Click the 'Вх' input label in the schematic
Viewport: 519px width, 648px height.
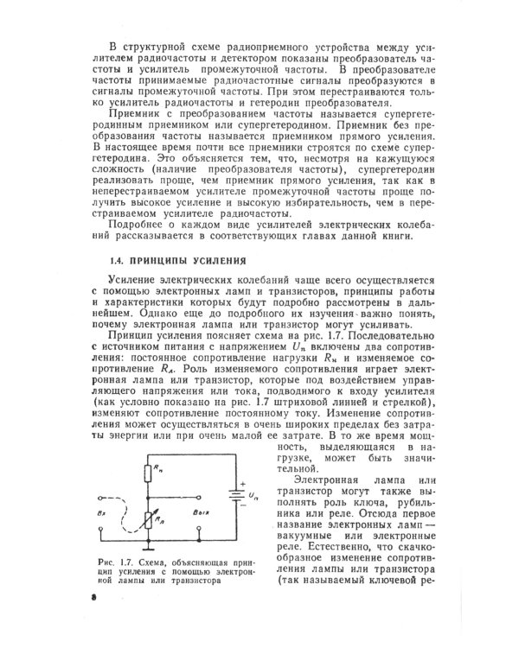point(104,511)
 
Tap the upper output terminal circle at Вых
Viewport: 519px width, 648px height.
point(203,497)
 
